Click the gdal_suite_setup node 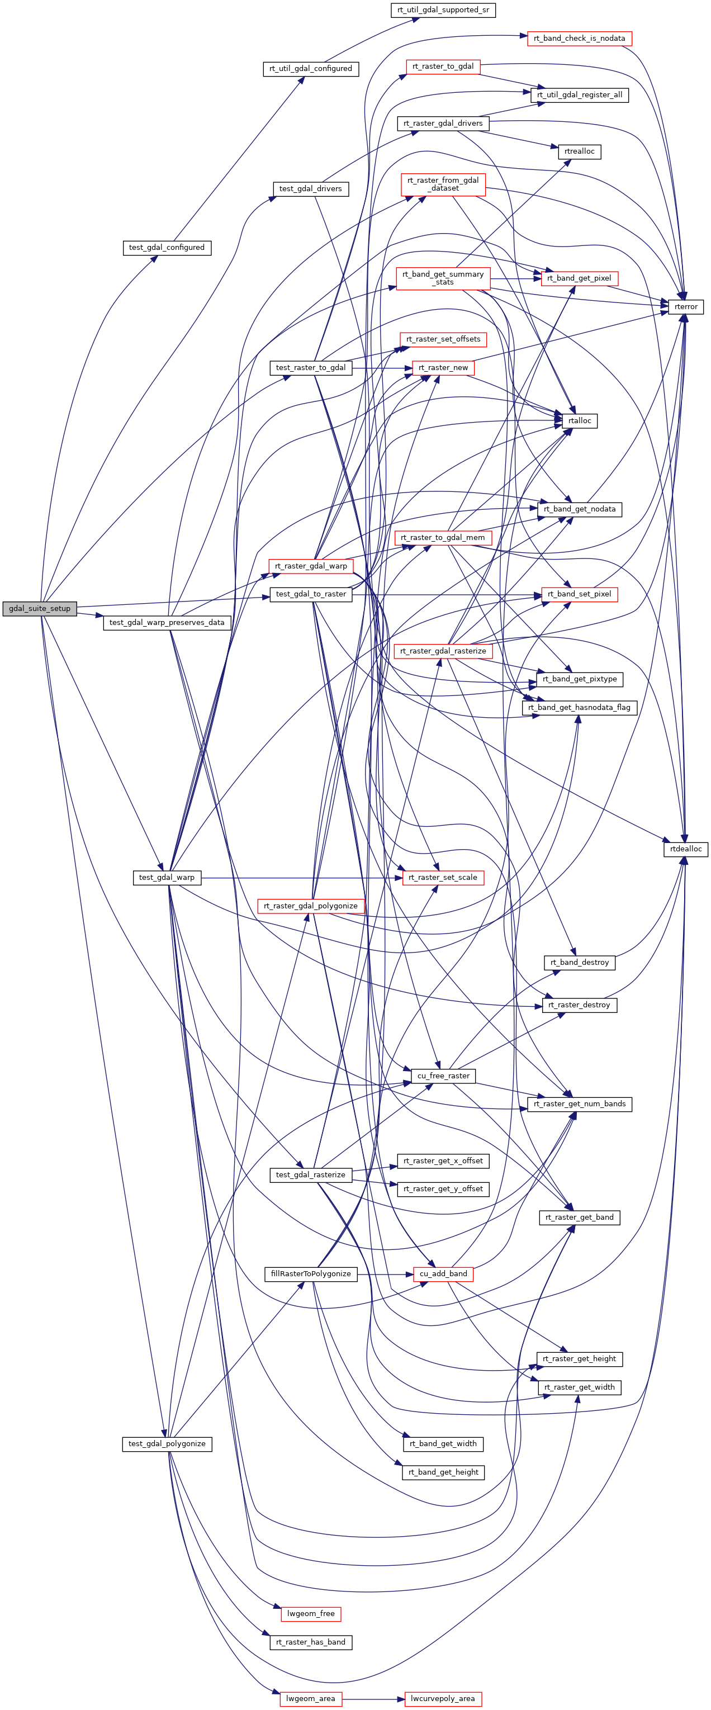[x=40, y=608]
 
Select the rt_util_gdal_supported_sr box [x=443, y=10]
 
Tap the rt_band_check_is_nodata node [x=579, y=39]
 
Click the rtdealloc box [x=686, y=849]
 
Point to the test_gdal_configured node [x=167, y=248]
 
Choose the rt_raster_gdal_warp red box [x=311, y=566]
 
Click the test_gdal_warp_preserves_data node [x=167, y=623]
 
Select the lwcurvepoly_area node [x=443, y=1699]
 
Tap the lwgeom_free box [x=311, y=1614]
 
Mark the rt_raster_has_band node [x=311, y=1642]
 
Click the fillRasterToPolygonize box [x=311, y=1274]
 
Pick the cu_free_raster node [x=443, y=1076]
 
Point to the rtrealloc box [x=579, y=151]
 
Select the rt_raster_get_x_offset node [x=443, y=1161]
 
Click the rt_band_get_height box [x=443, y=1472]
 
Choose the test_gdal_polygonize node [x=167, y=1444]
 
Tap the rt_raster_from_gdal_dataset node [x=443, y=184]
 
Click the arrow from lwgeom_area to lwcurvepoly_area [x=373, y=1699]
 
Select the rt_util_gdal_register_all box [x=579, y=95]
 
